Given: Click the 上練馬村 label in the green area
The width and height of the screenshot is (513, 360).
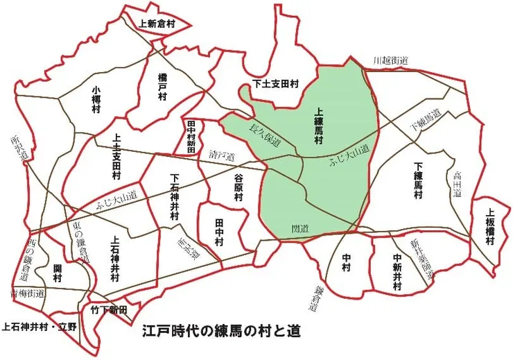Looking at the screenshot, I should click(x=320, y=126).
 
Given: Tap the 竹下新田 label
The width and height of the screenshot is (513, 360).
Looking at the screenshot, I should click(x=109, y=310).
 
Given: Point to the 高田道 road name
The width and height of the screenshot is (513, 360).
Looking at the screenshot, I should click(x=457, y=186).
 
